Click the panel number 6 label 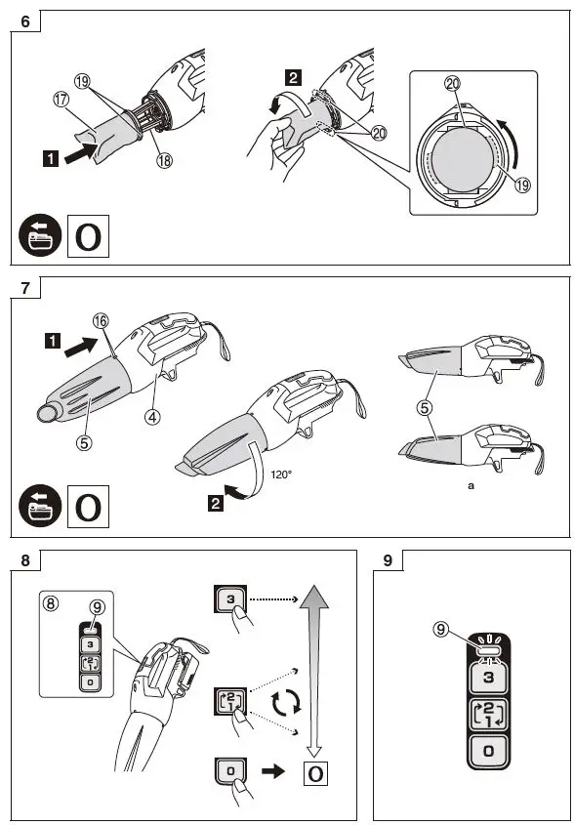(x=24, y=21)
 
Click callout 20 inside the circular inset (x=453, y=86)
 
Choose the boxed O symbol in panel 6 (x=87, y=236)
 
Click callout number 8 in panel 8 (x=52, y=604)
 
